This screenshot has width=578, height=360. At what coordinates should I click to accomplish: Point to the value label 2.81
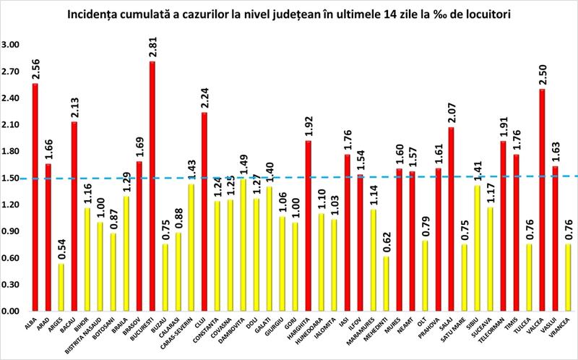(x=153, y=48)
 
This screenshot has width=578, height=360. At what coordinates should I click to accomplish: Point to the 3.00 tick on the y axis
(x=12, y=45)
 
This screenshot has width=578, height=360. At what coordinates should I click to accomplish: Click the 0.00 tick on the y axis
(x=12, y=312)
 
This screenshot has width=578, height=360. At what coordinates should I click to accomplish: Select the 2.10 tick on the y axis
(x=12, y=125)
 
